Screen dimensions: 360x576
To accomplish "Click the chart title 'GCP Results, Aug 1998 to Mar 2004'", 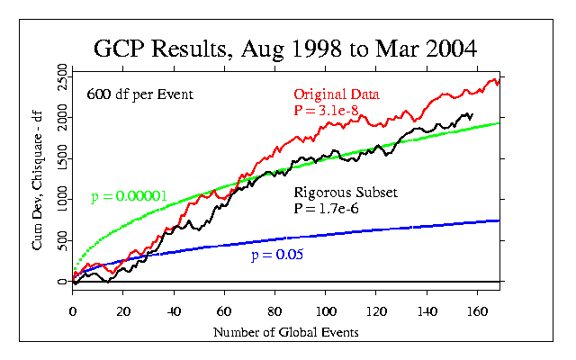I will [x=288, y=47].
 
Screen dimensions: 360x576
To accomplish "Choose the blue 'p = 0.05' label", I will [x=276, y=256].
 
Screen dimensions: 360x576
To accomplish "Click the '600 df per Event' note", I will [x=139, y=94].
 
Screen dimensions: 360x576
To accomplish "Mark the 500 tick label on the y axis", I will [x=62, y=240].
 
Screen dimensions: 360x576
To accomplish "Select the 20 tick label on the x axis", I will [x=123, y=311].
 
